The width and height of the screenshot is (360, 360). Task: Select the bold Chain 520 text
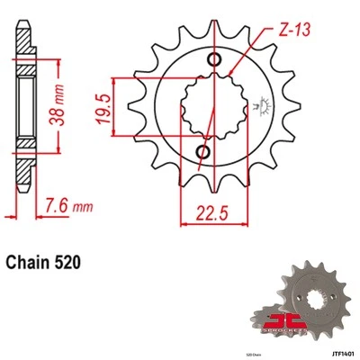pyautogui.click(x=48, y=264)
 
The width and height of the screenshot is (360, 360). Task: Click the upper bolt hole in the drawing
pyautogui.click(x=215, y=59)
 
